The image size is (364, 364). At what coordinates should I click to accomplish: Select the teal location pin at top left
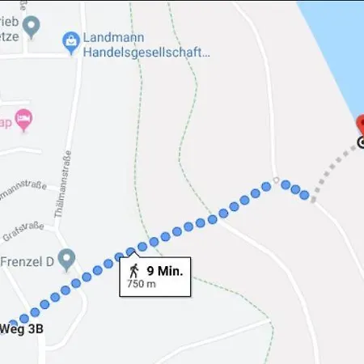(32, 28)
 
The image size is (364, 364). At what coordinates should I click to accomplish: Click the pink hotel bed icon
(24, 120)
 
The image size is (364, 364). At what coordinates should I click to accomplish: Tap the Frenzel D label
(26, 262)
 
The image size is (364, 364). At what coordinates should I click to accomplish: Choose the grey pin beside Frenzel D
(66, 259)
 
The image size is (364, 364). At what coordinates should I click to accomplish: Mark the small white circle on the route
(276, 180)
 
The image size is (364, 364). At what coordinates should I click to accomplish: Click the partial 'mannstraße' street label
(23, 196)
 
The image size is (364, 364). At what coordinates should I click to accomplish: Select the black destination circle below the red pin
(361, 142)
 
